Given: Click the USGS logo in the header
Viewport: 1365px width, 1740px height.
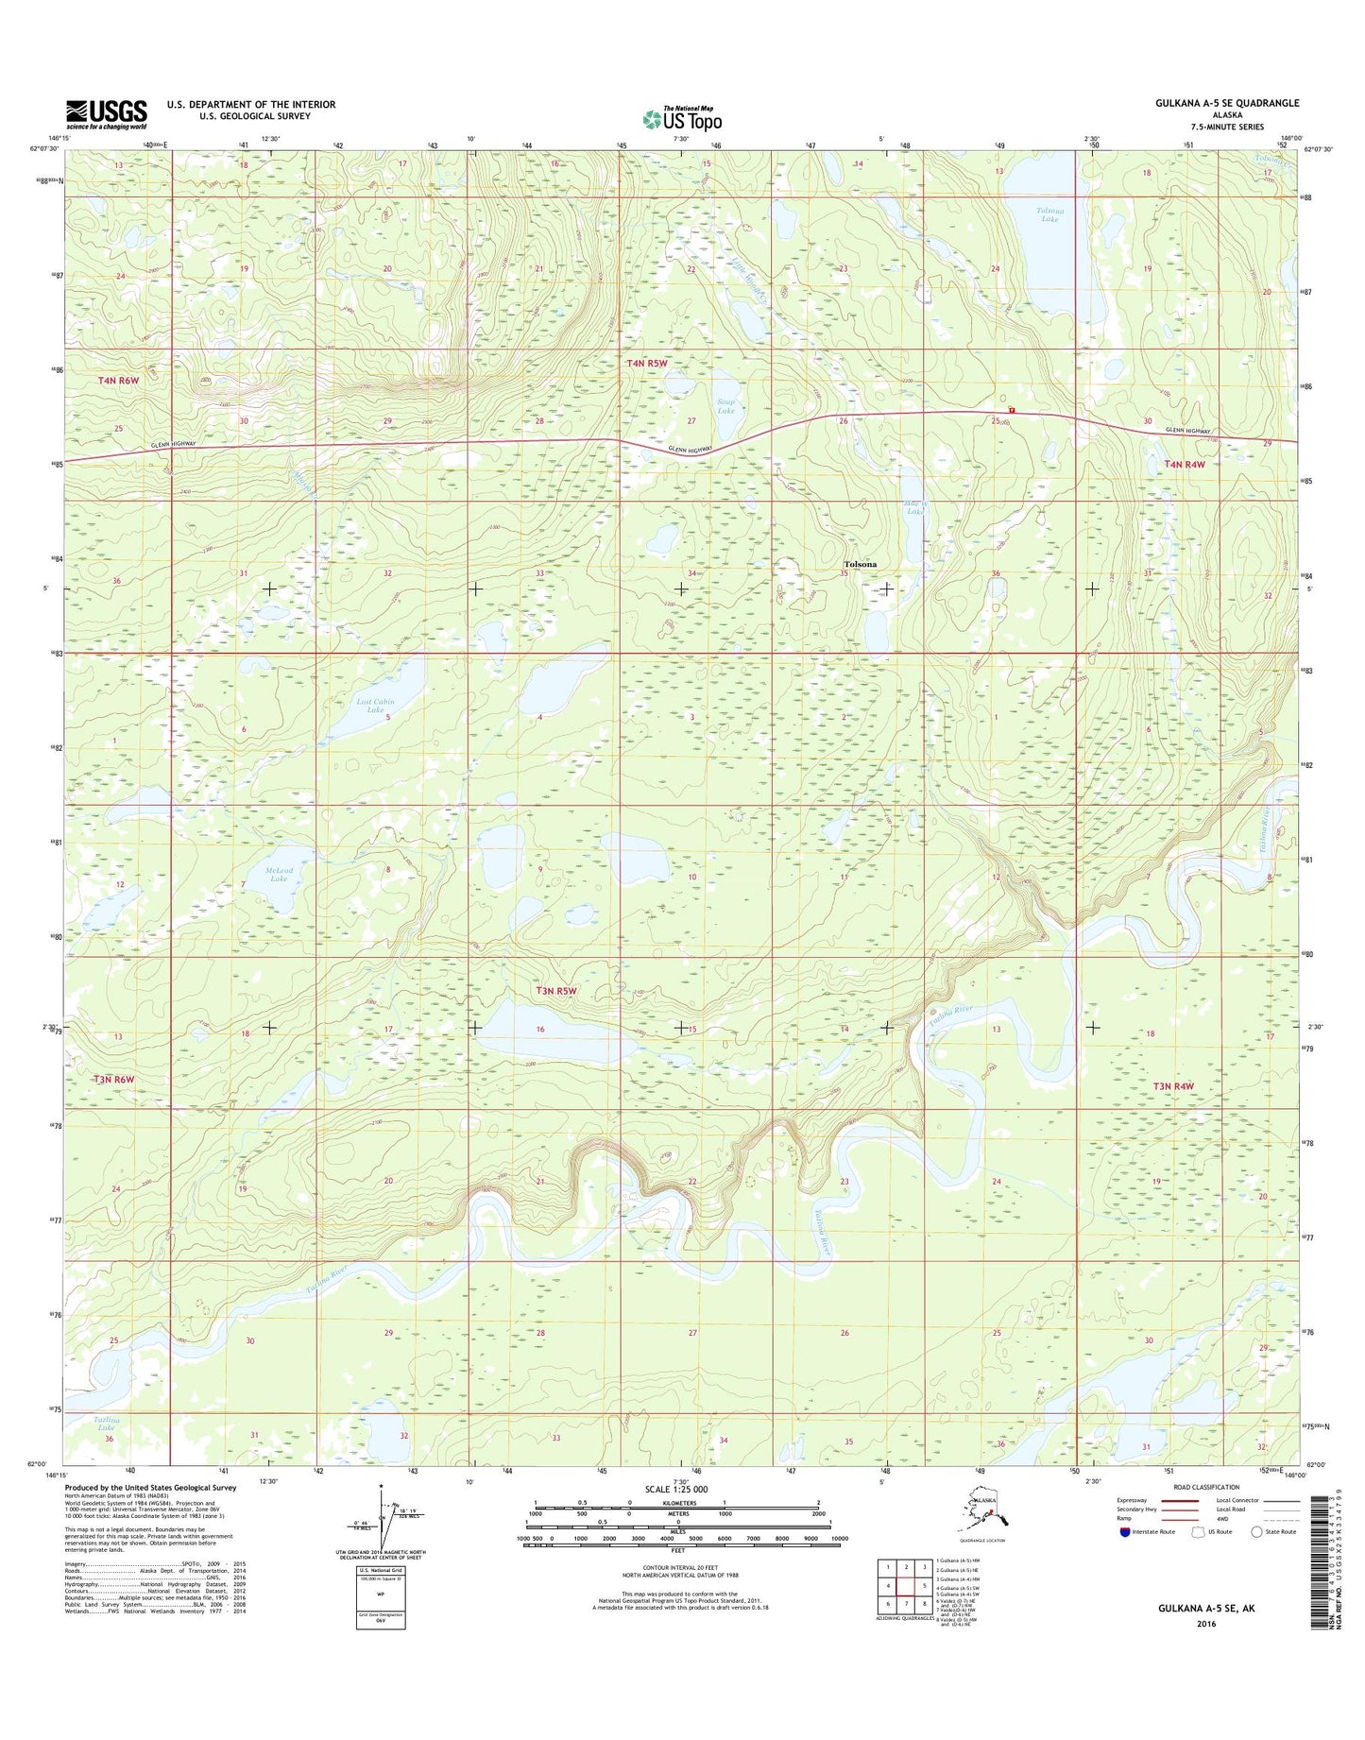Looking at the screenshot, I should click(x=106, y=114).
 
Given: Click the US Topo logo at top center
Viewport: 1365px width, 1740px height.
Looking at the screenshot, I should click(x=682, y=118).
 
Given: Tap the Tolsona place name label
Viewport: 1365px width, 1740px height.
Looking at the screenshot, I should click(x=860, y=564).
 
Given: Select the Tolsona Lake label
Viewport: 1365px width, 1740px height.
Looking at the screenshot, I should click(x=1049, y=214).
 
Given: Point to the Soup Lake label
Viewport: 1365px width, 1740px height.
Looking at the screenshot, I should click(x=725, y=406).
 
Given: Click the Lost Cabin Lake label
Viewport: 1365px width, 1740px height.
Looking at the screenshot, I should click(x=375, y=706).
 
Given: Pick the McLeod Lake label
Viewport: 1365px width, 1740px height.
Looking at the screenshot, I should click(x=278, y=875).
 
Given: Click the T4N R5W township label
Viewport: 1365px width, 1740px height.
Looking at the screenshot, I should click(x=647, y=363).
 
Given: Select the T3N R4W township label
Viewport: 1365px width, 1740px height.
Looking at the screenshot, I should click(x=1173, y=1086).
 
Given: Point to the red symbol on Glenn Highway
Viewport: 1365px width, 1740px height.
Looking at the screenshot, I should click(x=1012, y=410).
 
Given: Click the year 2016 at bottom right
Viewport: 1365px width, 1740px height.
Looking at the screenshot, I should click(x=1205, y=1624).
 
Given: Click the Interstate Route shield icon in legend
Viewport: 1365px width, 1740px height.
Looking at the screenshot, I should click(x=1124, y=1531).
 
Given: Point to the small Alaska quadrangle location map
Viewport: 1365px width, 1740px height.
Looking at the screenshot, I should click(x=983, y=1515).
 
